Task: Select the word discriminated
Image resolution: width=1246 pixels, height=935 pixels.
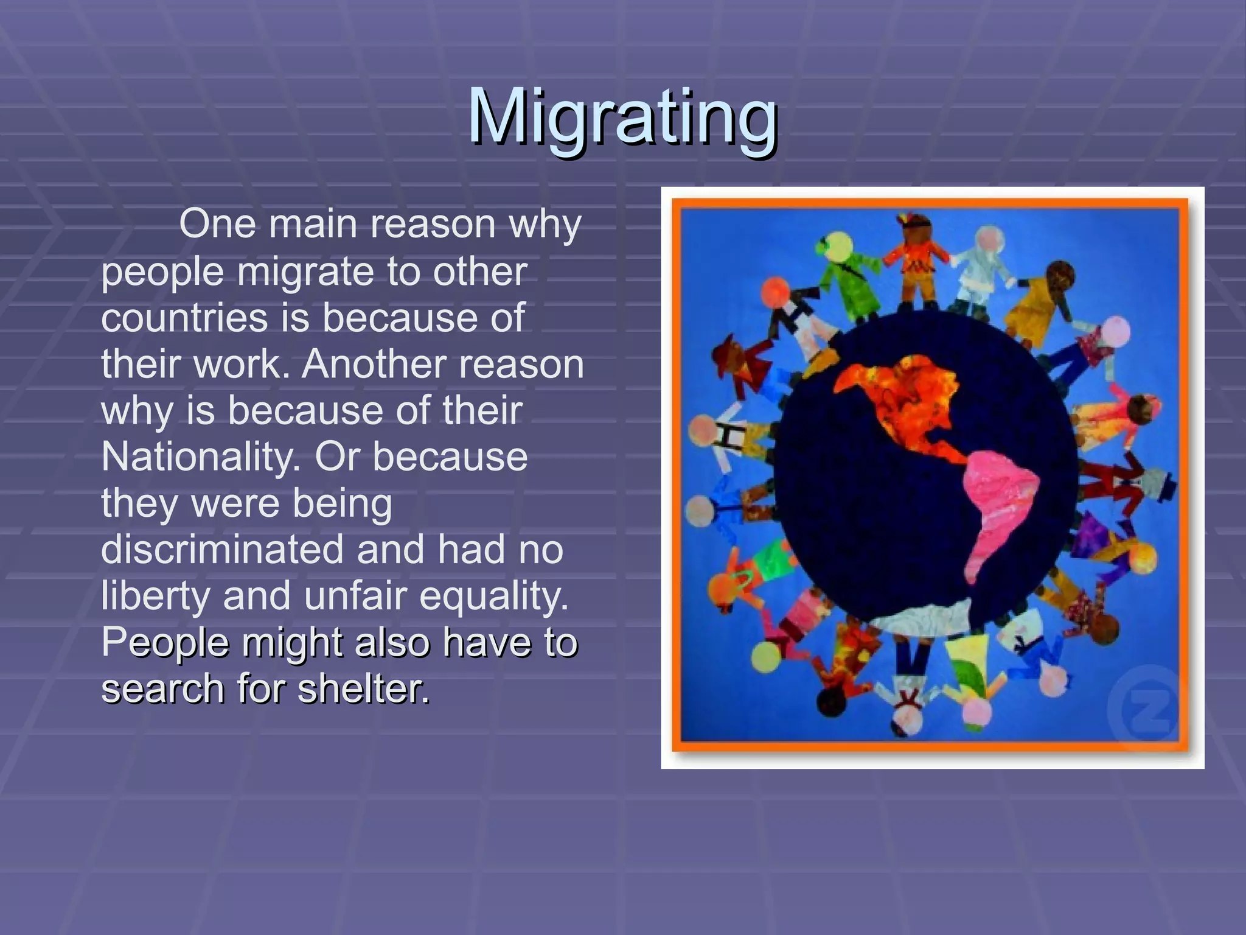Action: tap(223, 549)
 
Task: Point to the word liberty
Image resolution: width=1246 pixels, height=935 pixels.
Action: tap(155, 597)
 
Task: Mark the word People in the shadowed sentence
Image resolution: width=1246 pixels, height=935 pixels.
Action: tap(165, 643)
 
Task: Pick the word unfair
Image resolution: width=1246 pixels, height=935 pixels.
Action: tap(355, 597)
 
